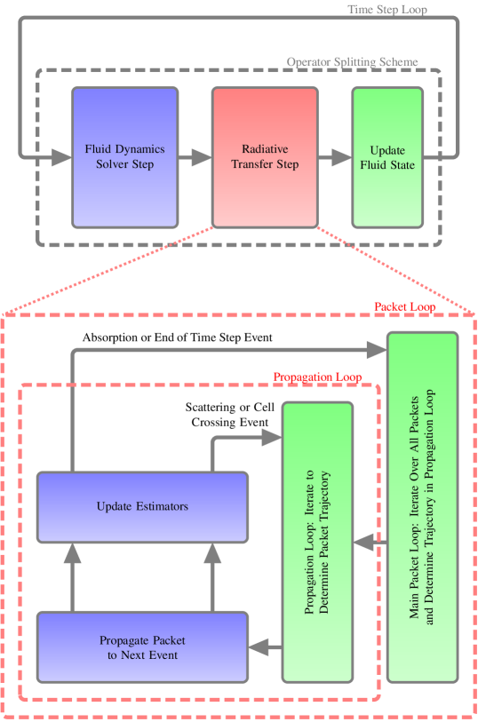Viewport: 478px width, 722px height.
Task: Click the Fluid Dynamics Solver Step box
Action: (125, 157)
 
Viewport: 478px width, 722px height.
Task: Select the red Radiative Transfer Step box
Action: (265, 157)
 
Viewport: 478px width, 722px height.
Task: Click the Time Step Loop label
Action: (386, 10)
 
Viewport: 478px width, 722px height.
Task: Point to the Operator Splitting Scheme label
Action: (352, 63)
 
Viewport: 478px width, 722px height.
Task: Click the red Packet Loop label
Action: (404, 306)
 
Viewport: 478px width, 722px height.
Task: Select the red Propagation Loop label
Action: (317, 377)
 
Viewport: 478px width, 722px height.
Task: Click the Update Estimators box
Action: (142, 507)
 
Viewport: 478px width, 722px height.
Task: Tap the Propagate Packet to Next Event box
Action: (142, 647)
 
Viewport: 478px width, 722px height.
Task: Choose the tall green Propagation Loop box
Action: (317, 542)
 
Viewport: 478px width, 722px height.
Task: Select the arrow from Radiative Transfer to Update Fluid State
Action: (334, 158)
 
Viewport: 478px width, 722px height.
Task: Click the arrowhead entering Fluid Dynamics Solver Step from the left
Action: (60, 158)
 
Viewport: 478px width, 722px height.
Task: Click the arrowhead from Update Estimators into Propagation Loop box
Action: (271, 437)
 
